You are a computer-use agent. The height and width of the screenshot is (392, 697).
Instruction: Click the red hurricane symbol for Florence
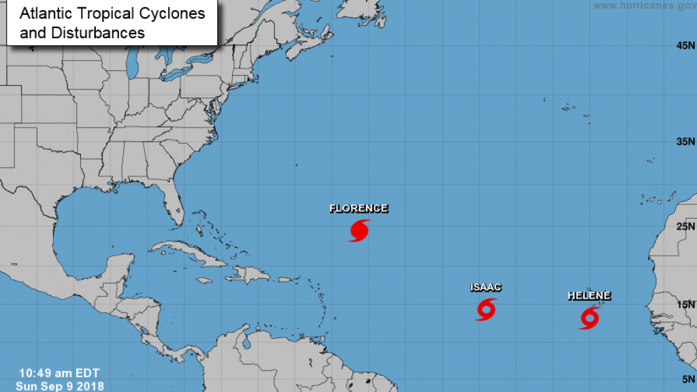click(359, 230)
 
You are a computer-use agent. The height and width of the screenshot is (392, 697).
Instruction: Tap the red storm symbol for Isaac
click(485, 310)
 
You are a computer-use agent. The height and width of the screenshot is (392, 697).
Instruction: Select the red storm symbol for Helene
click(589, 318)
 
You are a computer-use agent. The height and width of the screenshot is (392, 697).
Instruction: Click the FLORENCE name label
click(359, 209)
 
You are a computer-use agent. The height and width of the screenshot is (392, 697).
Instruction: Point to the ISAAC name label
click(486, 288)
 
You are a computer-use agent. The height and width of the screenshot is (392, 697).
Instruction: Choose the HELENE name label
click(589, 296)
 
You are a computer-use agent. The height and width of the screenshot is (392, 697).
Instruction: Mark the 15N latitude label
click(685, 305)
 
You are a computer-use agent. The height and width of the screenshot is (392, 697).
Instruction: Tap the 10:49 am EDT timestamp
click(59, 373)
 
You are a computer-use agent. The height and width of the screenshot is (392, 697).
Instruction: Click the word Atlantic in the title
click(42, 13)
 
